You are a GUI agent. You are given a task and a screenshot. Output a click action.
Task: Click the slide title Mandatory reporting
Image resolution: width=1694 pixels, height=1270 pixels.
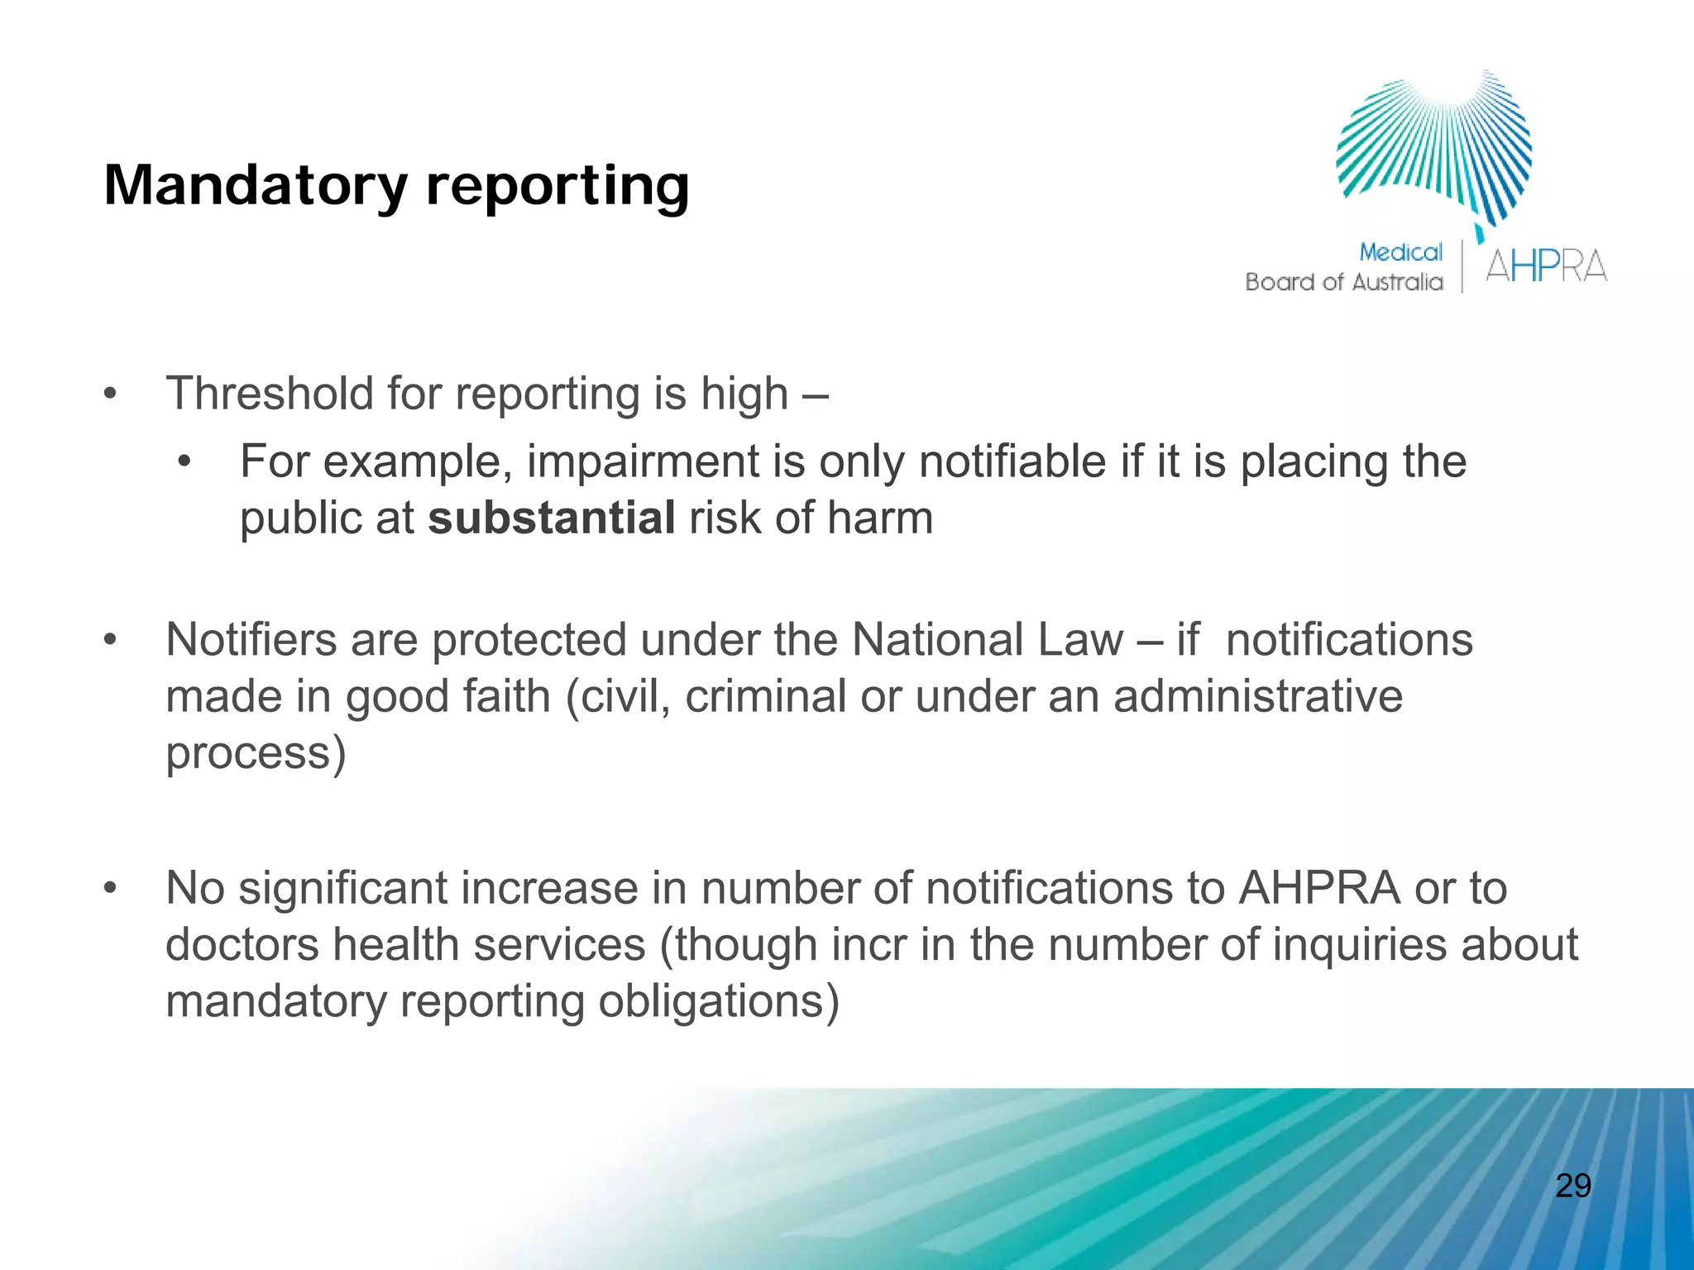coord(396,186)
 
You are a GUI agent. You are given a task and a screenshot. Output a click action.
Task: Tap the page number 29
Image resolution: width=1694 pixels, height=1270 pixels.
coord(1572,1186)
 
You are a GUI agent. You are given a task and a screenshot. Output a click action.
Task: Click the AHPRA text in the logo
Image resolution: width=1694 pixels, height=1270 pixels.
coord(1546,266)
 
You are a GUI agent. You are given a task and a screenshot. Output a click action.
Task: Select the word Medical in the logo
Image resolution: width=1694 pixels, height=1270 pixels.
coord(1400,252)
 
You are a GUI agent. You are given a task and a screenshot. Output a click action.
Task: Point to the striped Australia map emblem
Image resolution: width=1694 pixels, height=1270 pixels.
coord(1435,149)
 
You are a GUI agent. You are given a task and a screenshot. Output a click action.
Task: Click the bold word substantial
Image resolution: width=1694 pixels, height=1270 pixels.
coord(552,518)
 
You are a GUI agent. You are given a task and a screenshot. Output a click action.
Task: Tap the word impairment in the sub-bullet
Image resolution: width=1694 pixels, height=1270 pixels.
coord(643,461)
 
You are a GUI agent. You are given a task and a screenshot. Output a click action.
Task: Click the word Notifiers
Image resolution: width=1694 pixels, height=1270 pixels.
coord(251,640)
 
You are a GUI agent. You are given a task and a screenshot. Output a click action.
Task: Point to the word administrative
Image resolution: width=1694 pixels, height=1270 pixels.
coord(1257,696)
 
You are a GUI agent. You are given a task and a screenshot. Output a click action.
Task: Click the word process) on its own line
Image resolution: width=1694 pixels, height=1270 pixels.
coord(256,753)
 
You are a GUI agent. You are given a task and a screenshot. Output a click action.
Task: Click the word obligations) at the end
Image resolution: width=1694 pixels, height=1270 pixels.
coord(718,1001)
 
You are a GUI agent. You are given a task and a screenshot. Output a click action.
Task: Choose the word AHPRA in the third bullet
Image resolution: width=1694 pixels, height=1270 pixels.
coord(1319,888)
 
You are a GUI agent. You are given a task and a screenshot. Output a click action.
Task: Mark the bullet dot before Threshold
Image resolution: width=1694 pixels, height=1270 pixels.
coord(111,394)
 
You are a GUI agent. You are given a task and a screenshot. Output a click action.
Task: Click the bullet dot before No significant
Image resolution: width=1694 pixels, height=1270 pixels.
coord(111,889)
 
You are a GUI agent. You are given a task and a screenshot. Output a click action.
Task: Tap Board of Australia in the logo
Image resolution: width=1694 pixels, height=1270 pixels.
coord(1343,283)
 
